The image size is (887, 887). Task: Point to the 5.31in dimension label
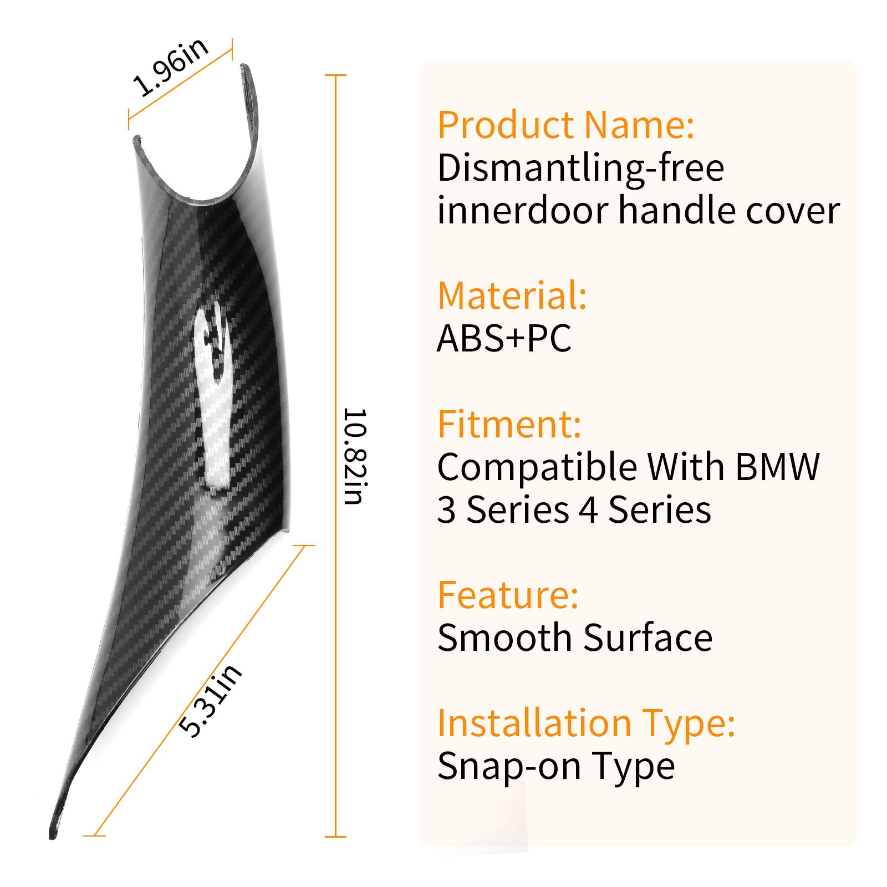pos(211,701)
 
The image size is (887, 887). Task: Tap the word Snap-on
pos(508,766)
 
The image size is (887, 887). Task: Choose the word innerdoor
pos(523,211)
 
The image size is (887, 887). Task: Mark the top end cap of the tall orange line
pos(335,75)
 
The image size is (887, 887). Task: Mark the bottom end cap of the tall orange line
pos(335,836)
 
